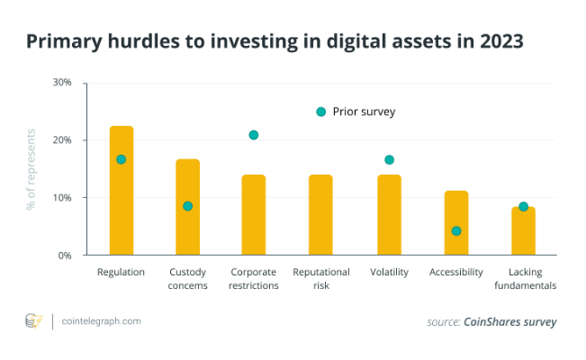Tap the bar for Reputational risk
[x=320, y=216]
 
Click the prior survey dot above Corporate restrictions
[x=254, y=135]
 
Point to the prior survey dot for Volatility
[x=389, y=160]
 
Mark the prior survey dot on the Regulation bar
[x=122, y=159]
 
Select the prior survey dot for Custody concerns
[x=187, y=206]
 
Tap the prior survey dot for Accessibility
[x=456, y=231]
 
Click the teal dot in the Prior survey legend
[x=320, y=112]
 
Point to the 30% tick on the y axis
[x=62, y=83]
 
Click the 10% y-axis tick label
[x=62, y=198]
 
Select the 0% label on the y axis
[x=65, y=256]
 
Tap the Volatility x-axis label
[x=389, y=272]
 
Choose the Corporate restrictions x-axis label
[x=254, y=278]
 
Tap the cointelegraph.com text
[x=102, y=320]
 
